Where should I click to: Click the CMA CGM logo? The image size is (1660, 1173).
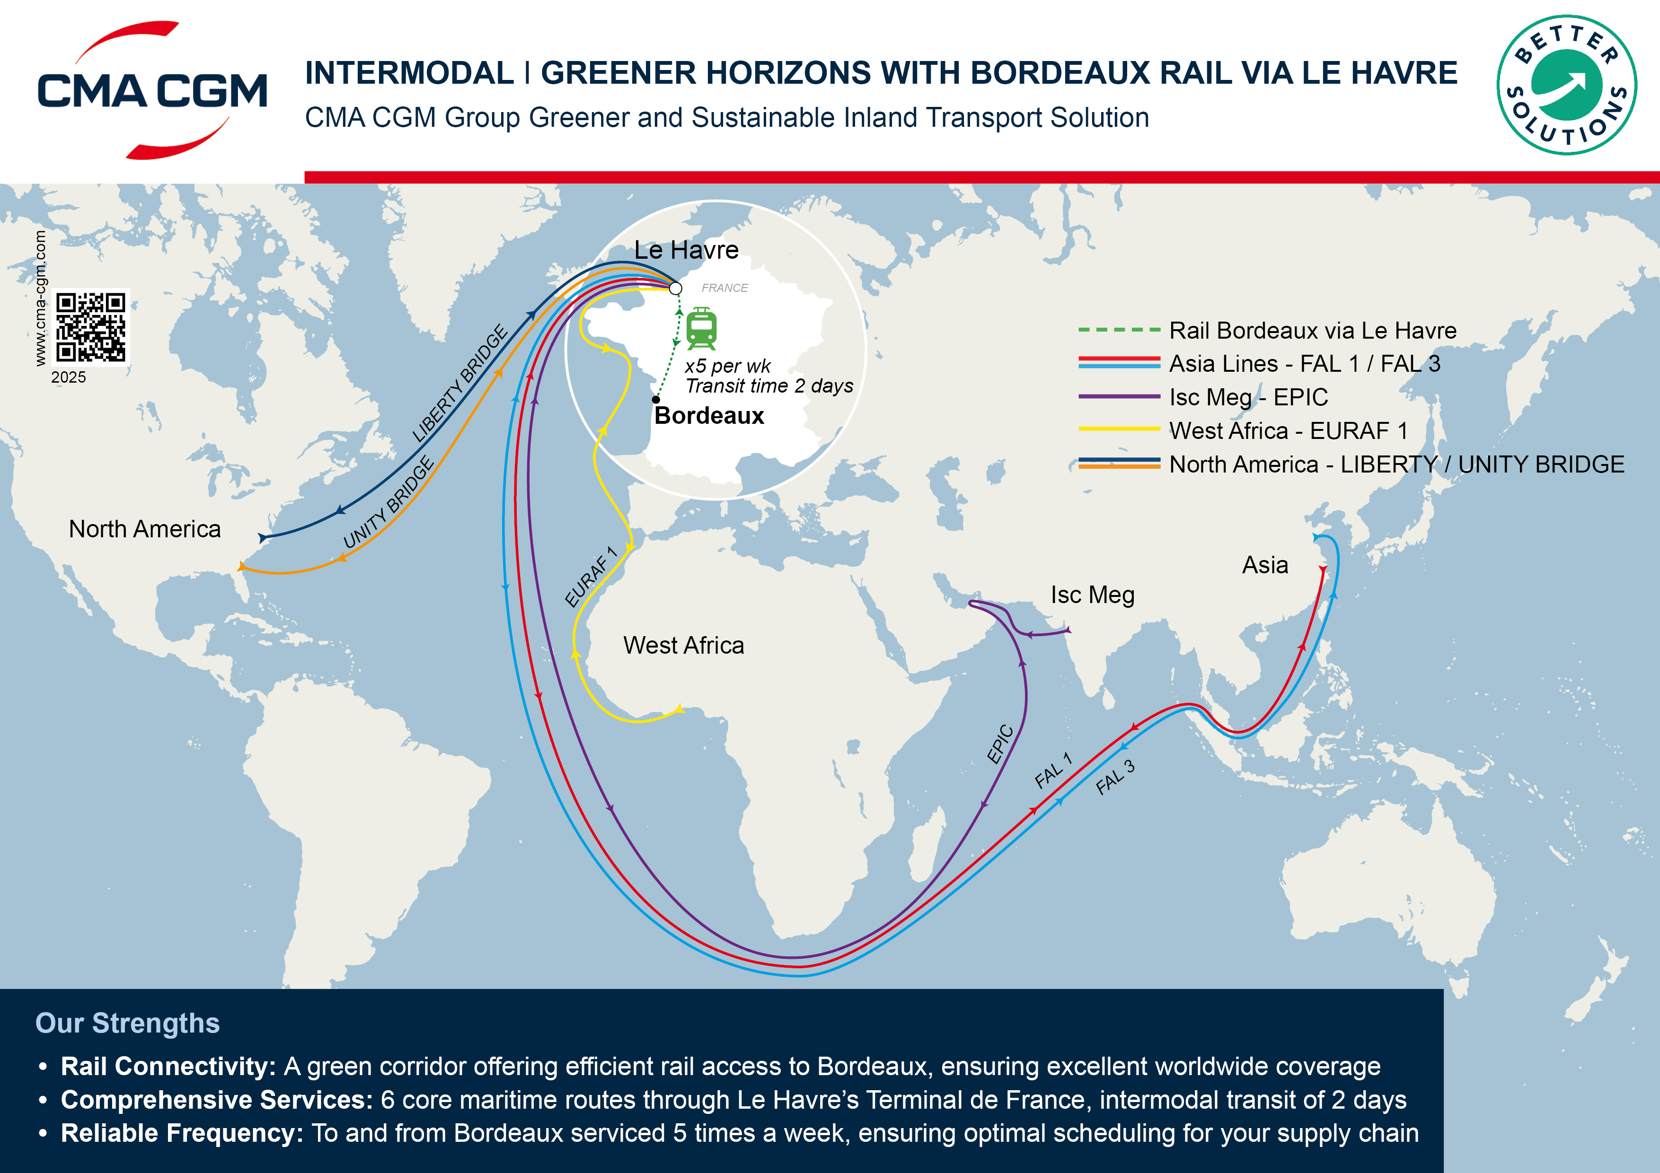[x=152, y=90]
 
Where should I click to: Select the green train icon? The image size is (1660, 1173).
[x=701, y=328]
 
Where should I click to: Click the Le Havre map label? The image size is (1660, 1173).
[x=686, y=250]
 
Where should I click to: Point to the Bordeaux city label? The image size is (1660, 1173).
[x=708, y=416]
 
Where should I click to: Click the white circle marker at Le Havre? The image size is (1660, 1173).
[x=675, y=289]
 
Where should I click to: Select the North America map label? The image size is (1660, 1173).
[x=145, y=529]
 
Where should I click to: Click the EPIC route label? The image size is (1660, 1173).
[x=1001, y=743]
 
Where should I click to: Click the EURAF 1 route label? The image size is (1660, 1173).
[x=591, y=577]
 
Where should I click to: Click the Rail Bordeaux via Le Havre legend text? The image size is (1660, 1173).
[x=1312, y=330]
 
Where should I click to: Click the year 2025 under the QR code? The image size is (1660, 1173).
[x=69, y=377]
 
